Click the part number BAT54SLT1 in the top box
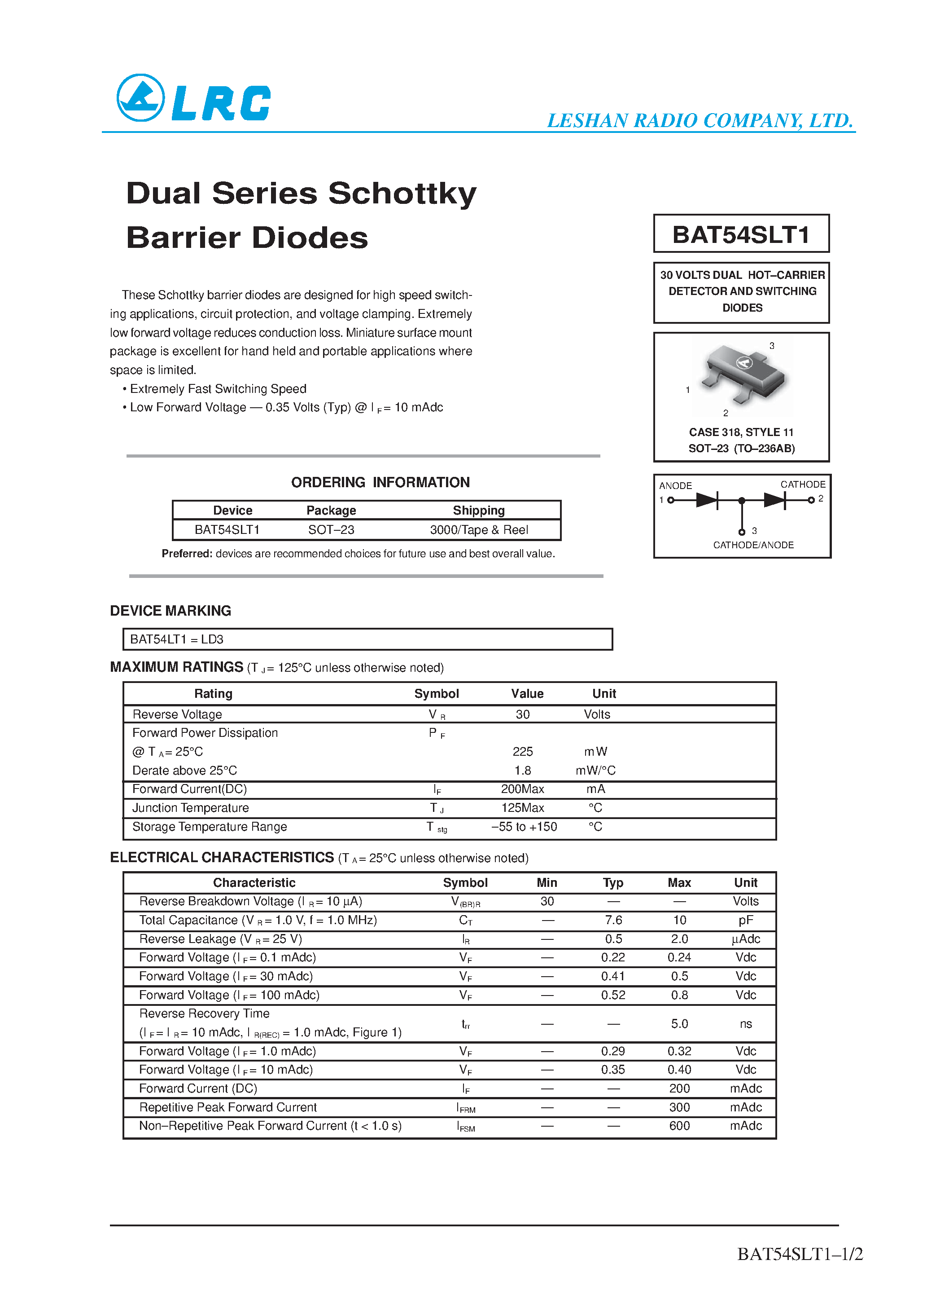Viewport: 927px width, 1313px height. [741, 234]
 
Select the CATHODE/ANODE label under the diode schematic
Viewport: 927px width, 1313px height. [753, 545]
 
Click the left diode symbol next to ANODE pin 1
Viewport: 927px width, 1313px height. [707, 500]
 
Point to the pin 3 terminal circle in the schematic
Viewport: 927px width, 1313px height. [742, 532]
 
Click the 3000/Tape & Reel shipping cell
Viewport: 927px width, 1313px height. [478, 530]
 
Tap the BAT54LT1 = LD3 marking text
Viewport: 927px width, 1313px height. [177, 639]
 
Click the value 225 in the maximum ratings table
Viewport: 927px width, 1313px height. [522, 751]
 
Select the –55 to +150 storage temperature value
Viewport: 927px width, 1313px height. [524, 827]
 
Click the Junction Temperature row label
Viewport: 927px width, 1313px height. [190, 808]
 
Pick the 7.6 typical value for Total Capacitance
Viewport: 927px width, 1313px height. [613, 920]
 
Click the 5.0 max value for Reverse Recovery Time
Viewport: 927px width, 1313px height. [679, 1024]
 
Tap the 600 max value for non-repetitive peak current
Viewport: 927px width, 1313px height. [679, 1126]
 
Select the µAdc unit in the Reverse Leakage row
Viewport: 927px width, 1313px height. [745, 939]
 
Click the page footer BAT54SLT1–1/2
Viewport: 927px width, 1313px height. [800, 1254]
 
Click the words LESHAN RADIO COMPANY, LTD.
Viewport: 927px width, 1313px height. [700, 121]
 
